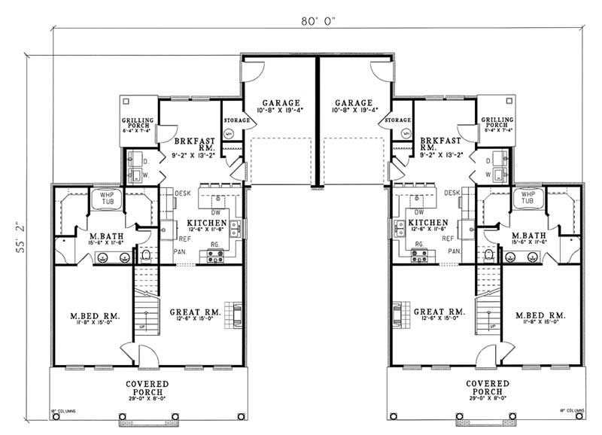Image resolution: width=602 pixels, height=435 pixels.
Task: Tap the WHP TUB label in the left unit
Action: tap(101, 198)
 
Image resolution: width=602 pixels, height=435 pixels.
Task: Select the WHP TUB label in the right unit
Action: tap(521, 198)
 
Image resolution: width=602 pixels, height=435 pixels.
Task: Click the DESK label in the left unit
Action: tap(183, 193)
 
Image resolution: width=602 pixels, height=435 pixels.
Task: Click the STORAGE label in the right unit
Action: tap(397, 120)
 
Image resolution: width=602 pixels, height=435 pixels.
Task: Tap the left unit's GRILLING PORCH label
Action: tap(138, 123)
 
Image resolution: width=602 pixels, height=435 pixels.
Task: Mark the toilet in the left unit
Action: tap(147, 256)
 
